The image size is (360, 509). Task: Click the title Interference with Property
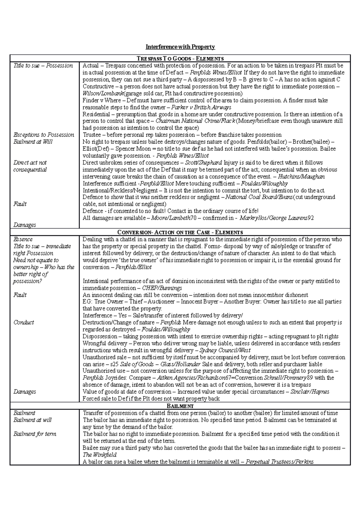pyautogui.click(x=180, y=47)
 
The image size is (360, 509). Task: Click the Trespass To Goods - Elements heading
pyautogui.click(x=180, y=58)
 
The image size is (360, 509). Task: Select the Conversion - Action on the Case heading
pyautogui.click(x=180, y=232)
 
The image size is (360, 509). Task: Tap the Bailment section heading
pyautogui.click(x=180, y=406)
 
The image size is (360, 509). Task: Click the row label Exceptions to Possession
pyautogui.click(x=44, y=135)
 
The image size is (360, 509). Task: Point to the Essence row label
pyautogui.click(x=23, y=239)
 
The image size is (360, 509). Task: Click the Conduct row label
pyautogui.click(x=24, y=323)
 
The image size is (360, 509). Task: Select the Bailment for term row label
pyautogui.click(x=35, y=434)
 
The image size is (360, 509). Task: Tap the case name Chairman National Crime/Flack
pyautogui.click(x=196, y=121)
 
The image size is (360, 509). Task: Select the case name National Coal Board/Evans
pyautogui.click(x=259, y=197)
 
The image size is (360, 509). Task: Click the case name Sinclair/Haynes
pyautogui.click(x=310, y=392)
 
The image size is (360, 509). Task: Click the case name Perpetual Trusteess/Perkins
pyautogui.click(x=280, y=462)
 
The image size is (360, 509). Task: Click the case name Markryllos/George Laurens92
pyautogui.click(x=277, y=218)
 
